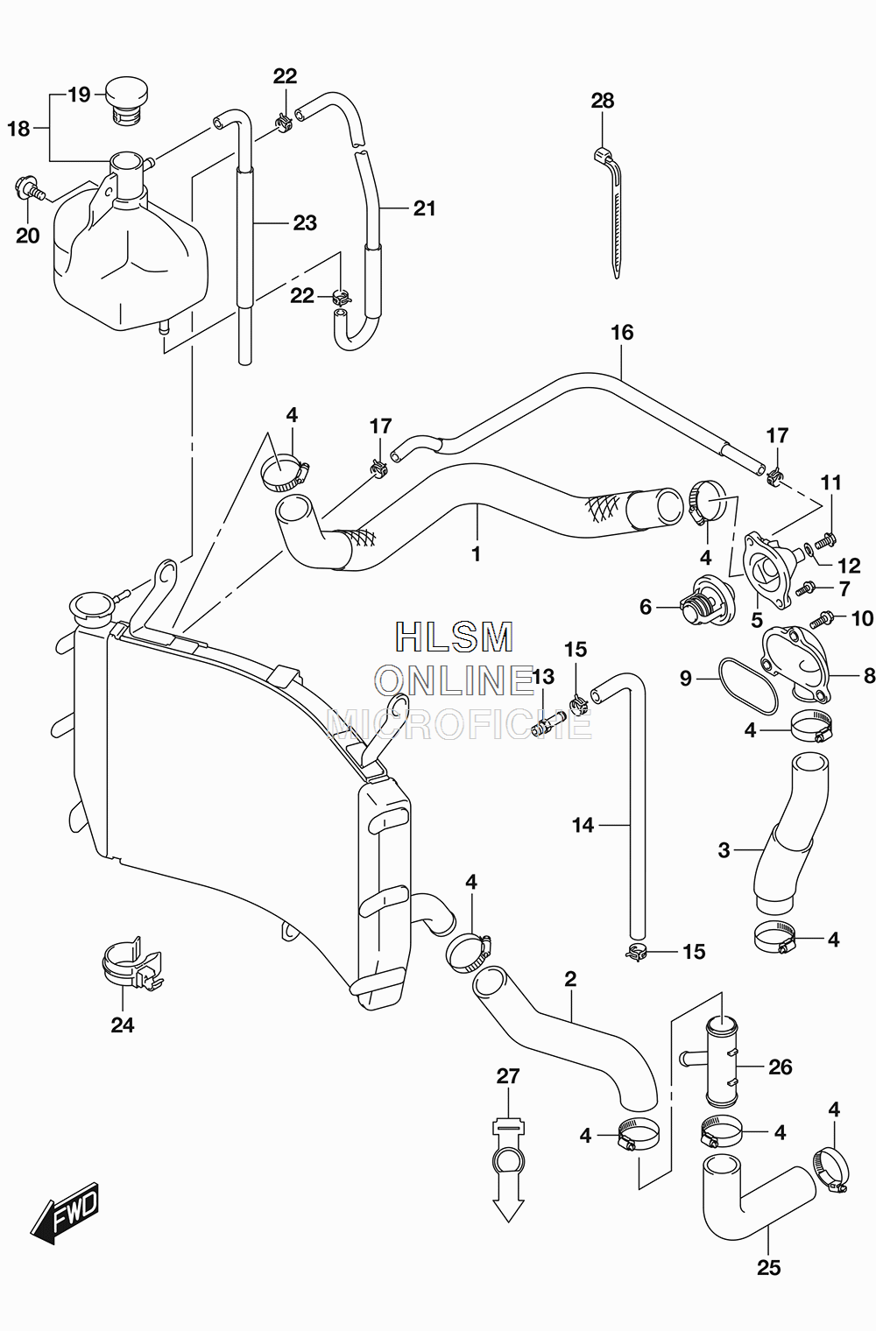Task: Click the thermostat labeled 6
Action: pos(705,600)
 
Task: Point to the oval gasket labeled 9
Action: pos(747,686)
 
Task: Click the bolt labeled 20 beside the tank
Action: pos(30,189)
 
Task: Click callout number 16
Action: pos(622,332)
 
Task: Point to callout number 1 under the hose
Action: pos(476,553)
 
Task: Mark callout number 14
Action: pos(583,825)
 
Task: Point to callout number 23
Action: pos(305,222)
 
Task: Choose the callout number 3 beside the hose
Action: pos(724,850)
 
